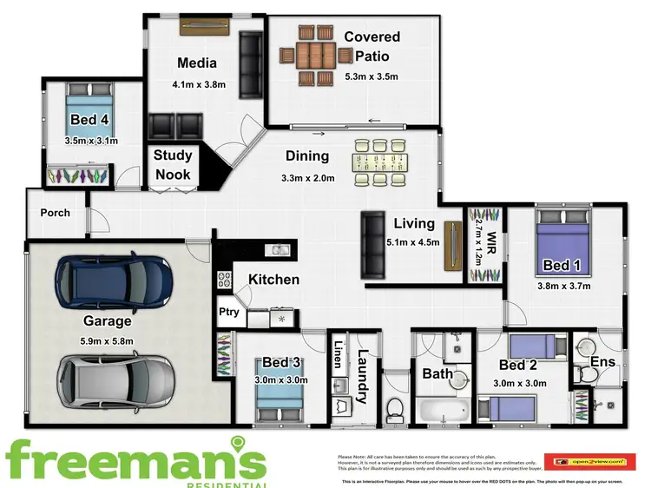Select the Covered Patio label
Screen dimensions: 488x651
coord(372,45)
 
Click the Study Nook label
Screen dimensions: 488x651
coord(173,164)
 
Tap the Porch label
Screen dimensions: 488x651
coord(55,213)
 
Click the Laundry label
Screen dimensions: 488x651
coord(363,376)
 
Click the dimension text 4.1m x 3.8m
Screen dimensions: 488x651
coord(199,85)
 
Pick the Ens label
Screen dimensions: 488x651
coord(602,361)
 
